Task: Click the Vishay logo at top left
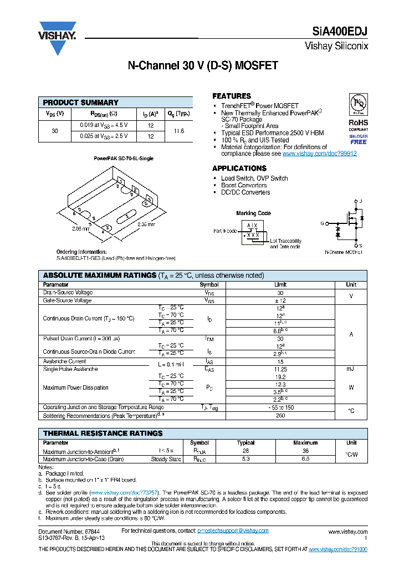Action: click(57, 38)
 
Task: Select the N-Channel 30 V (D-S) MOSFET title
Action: click(203, 65)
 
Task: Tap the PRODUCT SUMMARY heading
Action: click(80, 103)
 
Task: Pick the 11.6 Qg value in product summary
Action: click(178, 131)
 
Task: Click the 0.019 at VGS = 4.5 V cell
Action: click(104, 125)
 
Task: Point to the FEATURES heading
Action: click(232, 96)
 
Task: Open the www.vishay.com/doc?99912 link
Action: click(319, 154)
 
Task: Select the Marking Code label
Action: click(253, 213)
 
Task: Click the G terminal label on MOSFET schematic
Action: click(322, 223)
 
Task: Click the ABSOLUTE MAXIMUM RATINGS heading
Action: click(99, 276)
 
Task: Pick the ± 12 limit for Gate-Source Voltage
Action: click(280, 300)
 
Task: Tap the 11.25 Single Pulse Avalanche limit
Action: click(280, 369)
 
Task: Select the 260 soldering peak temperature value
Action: click(280, 415)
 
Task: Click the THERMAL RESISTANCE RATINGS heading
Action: click(103, 433)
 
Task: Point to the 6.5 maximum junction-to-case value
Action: click(305, 459)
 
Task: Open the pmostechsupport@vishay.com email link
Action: click(233, 531)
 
